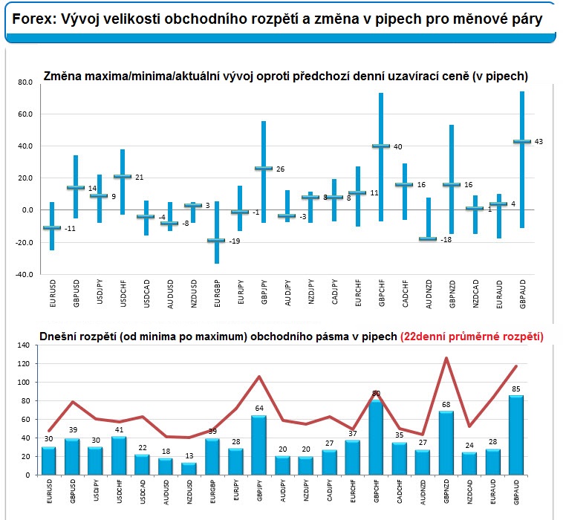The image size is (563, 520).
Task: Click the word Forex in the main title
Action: pyautogui.click(x=32, y=20)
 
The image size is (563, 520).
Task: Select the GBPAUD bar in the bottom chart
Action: pyautogui.click(x=517, y=435)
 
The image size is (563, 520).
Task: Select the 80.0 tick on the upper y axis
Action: pyautogui.click(x=25, y=82)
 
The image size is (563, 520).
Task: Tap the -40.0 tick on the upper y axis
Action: pyautogui.click(x=24, y=274)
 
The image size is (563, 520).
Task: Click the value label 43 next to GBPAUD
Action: pyautogui.click(x=538, y=141)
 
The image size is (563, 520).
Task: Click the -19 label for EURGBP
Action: pyautogui.click(x=233, y=241)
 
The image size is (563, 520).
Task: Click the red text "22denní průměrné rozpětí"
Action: pyautogui.click(x=472, y=335)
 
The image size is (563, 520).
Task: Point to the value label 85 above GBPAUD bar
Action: pyautogui.click(x=517, y=388)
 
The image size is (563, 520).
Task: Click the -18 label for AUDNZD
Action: pyautogui.click(x=446, y=240)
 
